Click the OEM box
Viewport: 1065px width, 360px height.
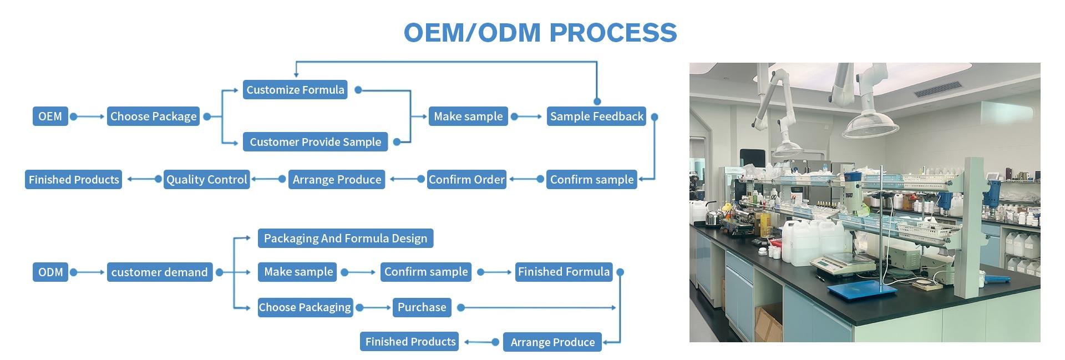(x=50, y=116)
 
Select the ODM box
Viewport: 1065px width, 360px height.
(x=50, y=272)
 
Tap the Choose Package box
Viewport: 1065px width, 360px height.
(x=153, y=116)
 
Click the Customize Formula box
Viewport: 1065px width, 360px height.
(x=295, y=90)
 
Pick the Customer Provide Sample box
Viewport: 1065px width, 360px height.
(x=315, y=142)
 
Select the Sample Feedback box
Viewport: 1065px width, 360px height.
(x=596, y=116)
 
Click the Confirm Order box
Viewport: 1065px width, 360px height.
(x=466, y=180)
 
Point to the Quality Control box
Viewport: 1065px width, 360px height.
(x=206, y=180)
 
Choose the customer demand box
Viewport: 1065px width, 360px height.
(x=159, y=272)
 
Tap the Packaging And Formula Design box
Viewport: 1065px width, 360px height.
(x=345, y=239)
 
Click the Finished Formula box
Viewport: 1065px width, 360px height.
(x=564, y=272)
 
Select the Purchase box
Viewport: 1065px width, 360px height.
(x=422, y=307)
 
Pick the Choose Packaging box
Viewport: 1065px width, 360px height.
(x=305, y=307)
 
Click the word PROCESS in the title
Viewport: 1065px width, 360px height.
(x=613, y=32)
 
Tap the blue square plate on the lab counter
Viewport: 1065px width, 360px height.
(x=862, y=290)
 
